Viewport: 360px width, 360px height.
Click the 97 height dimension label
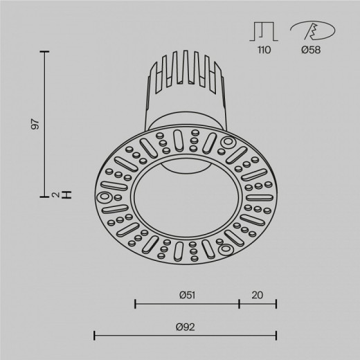coord(36,124)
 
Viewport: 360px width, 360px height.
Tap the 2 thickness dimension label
coord(55,195)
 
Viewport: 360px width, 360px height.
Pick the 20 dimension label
coord(258,294)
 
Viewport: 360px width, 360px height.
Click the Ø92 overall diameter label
coord(185,326)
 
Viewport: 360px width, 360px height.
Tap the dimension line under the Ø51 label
coord(187,303)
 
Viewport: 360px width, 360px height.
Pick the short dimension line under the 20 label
coord(258,303)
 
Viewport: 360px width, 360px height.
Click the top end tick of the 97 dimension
coord(46,52)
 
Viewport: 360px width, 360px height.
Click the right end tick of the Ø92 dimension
coord(276,336)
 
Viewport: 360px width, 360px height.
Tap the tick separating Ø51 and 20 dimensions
coord(239,303)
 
